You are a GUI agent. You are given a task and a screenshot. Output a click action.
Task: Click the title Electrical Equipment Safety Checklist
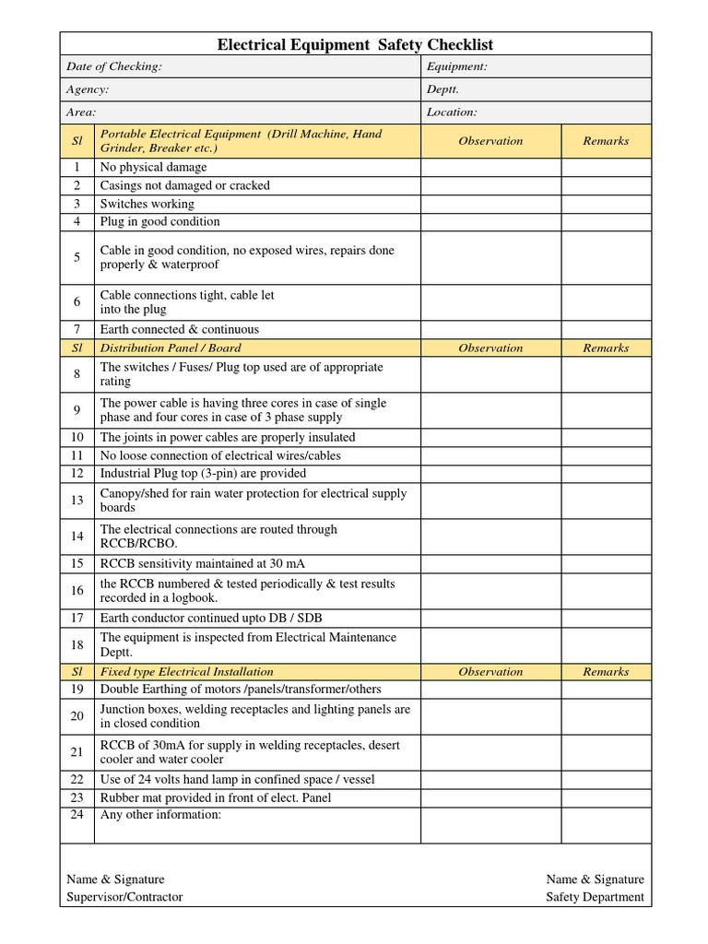[x=355, y=44]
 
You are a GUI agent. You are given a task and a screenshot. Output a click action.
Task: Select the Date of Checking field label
[x=114, y=66]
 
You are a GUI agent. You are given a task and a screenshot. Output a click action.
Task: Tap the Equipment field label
[x=456, y=66]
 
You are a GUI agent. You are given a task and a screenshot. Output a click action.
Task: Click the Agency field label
[x=88, y=89]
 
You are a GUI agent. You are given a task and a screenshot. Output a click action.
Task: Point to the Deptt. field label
[x=442, y=89]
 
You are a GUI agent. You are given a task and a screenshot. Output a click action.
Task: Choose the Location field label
[x=452, y=112]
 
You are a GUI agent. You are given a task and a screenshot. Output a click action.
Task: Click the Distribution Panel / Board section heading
[x=171, y=348]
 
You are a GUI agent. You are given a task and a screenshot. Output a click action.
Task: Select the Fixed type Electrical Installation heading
[x=186, y=671]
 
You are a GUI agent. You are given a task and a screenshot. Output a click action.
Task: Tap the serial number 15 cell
[x=77, y=563]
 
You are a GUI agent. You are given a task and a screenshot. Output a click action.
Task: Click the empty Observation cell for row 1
[x=490, y=167]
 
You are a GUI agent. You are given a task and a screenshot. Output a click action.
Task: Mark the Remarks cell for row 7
[x=606, y=329]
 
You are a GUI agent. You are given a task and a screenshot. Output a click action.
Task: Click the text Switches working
[x=147, y=204]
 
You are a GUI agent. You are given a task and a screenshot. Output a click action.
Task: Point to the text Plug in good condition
[x=159, y=221]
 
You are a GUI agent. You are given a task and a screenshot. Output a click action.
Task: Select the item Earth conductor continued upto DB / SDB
[x=211, y=618]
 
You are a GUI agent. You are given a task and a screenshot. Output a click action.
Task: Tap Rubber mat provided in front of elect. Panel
[x=215, y=797]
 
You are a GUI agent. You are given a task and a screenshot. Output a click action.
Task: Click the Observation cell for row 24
[x=490, y=824]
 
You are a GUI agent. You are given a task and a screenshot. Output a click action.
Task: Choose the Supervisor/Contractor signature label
[x=124, y=897]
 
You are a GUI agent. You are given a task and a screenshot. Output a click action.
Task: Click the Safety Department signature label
[x=595, y=897]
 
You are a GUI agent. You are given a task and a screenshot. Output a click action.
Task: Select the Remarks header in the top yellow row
[x=606, y=141]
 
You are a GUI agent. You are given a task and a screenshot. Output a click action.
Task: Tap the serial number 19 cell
[x=77, y=689]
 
